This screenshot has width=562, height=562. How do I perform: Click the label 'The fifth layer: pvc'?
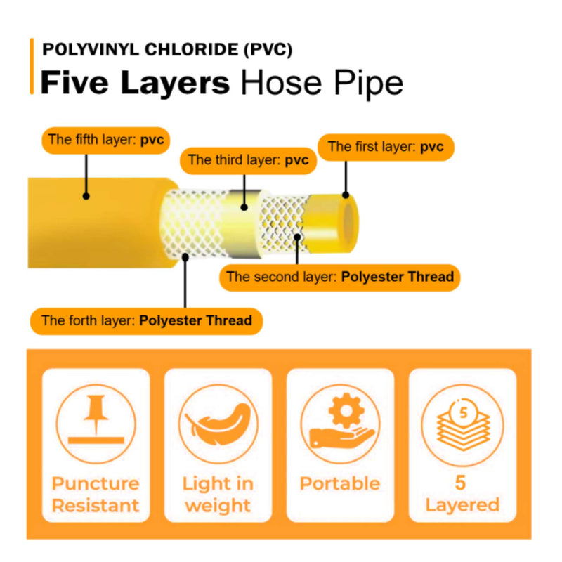[x=105, y=140]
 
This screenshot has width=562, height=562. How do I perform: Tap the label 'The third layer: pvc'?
[x=249, y=160]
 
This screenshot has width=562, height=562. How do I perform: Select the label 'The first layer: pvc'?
[x=386, y=147]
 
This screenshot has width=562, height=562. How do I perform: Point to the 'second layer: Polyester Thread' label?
[x=340, y=277]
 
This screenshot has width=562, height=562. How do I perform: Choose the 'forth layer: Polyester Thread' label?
[x=146, y=321]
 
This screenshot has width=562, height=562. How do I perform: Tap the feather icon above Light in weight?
[x=217, y=424]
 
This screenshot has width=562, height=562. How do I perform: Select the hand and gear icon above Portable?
[x=340, y=424]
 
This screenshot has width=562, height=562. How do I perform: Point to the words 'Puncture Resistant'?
[x=96, y=494]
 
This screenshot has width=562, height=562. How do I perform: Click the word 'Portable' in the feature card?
[x=340, y=483]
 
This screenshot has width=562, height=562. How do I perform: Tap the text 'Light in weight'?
[x=217, y=494]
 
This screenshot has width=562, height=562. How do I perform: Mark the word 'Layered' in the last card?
[x=462, y=504]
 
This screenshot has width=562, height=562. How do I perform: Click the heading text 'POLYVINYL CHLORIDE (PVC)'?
[x=167, y=50]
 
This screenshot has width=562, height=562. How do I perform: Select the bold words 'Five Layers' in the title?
[x=135, y=83]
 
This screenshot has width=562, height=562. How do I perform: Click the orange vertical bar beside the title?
[x=32, y=66]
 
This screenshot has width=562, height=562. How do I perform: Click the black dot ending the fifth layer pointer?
[x=86, y=195]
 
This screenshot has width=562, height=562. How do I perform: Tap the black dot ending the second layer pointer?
[x=297, y=237]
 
